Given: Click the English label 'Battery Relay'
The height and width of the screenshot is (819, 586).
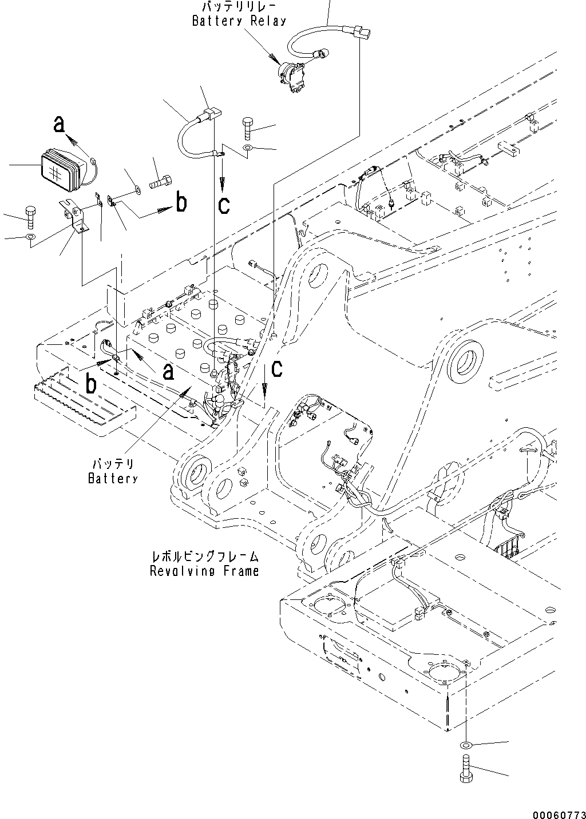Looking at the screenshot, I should coord(239,21).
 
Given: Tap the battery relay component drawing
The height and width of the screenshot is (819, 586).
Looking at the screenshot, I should coord(291,77).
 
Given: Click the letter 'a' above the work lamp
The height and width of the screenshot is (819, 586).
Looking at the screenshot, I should coord(58,123).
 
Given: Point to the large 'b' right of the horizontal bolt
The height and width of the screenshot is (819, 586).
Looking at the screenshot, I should coord(181,202).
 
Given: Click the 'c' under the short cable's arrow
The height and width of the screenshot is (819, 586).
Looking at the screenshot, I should coord(224,204).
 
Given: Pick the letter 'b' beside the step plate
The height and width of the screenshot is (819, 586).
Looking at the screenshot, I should coord(91,384).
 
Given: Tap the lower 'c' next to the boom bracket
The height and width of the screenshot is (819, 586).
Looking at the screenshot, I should coord(276,369).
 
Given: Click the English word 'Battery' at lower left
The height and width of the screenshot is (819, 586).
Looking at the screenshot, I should coord(113,478).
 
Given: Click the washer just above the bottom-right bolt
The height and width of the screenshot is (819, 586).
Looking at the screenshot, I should coord(465,745).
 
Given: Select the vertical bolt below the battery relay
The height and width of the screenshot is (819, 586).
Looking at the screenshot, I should coord(247,128).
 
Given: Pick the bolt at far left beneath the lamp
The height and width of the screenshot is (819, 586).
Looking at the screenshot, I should coord(30,216).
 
